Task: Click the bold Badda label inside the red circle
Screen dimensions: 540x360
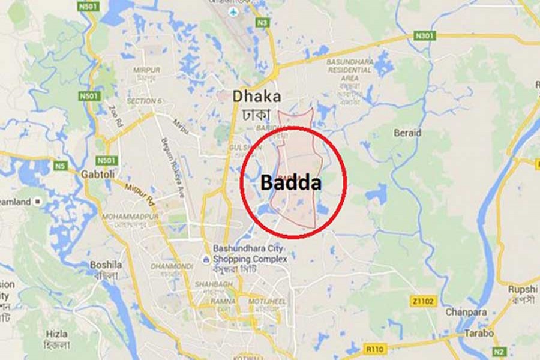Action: click(290, 184)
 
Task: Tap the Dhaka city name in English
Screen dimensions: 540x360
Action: click(257, 96)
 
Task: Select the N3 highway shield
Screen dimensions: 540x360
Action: click(262, 23)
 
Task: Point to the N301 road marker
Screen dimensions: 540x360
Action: click(424, 36)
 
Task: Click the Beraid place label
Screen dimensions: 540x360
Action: click(407, 133)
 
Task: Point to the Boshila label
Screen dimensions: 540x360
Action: click(106, 264)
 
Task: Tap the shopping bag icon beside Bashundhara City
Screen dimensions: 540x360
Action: click(206, 259)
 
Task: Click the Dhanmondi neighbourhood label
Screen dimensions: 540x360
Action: click(169, 265)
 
